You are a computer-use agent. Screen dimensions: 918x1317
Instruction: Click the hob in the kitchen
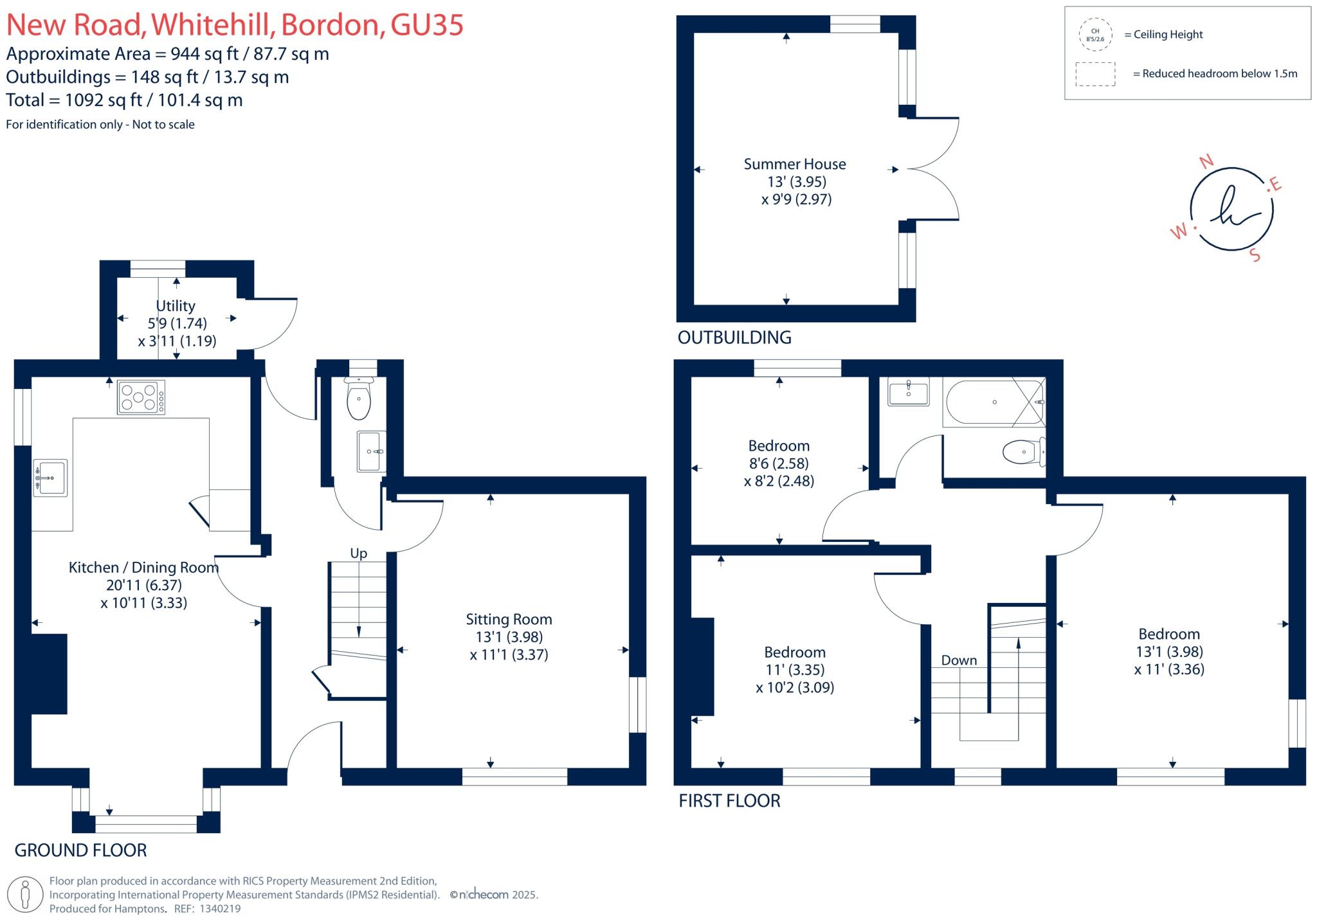[x=141, y=397]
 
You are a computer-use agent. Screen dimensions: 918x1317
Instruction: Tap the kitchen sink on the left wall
[x=50, y=477]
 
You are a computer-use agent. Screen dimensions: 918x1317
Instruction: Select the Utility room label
[x=176, y=306]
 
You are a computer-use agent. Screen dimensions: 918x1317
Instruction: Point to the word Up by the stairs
[x=358, y=553]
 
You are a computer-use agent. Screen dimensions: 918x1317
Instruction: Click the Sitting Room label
[x=509, y=620]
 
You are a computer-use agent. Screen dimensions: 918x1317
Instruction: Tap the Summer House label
[x=795, y=165]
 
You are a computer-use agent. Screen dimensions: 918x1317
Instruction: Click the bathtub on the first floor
[x=994, y=402]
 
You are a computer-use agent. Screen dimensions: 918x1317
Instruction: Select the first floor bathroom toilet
[x=1022, y=451]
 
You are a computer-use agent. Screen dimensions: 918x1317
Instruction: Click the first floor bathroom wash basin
[x=908, y=392]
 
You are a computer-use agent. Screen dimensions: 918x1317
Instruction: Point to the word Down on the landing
[x=959, y=660]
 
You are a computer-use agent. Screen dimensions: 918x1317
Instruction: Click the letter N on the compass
[x=1206, y=161]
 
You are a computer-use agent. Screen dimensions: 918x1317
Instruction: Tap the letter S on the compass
[x=1255, y=255]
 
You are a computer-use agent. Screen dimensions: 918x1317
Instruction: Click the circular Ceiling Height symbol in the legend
[x=1095, y=35]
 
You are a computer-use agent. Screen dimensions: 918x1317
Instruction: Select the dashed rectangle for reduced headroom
[x=1095, y=74]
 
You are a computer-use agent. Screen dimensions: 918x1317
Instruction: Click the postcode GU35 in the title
[x=427, y=25]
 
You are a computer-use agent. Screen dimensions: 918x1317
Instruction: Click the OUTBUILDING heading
[x=734, y=337]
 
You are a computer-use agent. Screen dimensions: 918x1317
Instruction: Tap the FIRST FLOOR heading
[x=729, y=801]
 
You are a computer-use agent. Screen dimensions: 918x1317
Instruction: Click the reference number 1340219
[x=220, y=909]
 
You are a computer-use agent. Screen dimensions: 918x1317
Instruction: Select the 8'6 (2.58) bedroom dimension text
[x=779, y=464]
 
